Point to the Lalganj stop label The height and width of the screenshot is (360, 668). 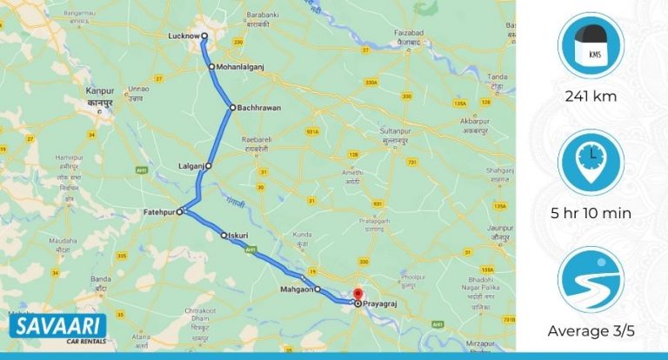(190, 165)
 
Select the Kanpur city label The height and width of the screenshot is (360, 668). (101, 90)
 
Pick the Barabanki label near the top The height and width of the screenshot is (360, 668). (262, 14)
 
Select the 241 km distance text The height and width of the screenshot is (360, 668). (591, 97)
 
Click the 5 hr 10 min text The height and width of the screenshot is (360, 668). (591, 212)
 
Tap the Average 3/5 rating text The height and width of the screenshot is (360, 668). (591, 330)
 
